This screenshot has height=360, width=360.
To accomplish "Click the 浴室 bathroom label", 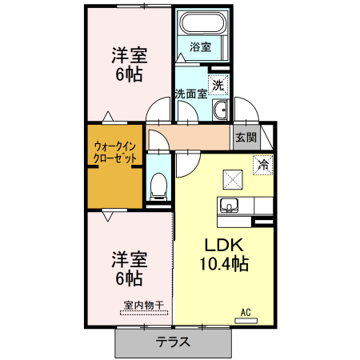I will click(201, 47).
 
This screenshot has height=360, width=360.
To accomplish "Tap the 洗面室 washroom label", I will click(191, 94).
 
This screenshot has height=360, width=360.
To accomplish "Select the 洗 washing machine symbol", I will click(218, 83).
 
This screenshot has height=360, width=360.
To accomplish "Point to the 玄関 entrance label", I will click(245, 137).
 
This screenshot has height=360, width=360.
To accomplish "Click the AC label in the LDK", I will click(247, 310).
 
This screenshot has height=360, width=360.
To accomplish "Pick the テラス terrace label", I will click(173, 343).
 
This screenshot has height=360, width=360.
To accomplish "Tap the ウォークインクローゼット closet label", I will click(115, 152).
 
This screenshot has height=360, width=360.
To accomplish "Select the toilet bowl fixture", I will click(158, 186).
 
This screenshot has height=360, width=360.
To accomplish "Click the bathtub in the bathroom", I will click(200, 24).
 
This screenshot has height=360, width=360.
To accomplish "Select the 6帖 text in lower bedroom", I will click(128, 279).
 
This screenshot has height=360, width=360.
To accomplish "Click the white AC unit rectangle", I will click(246, 320).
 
